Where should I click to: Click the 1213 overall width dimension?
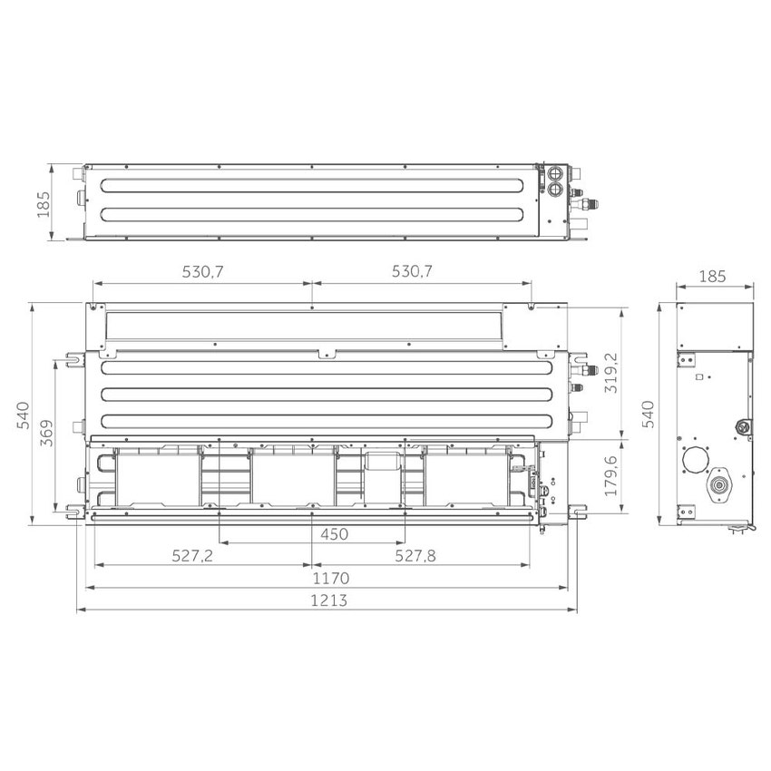(328, 600)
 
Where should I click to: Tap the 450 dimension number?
(334, 534)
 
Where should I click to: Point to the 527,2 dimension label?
(192, 556)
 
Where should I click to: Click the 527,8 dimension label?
(415, 556)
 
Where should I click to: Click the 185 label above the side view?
(714, 277)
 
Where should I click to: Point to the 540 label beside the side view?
(648, 414)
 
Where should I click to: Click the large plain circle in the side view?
(697, 461)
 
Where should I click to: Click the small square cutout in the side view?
(698, 376)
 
